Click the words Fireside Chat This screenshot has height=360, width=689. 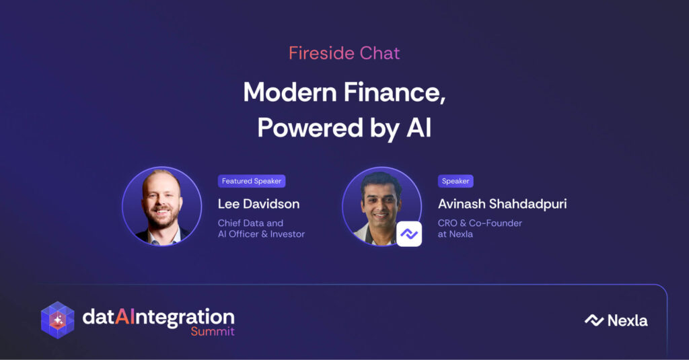point(344,53)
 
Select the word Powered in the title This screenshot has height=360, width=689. point(310,127)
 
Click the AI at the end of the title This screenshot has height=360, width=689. point(419,127)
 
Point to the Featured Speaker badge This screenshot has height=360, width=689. point(252,181)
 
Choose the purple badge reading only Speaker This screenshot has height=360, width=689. point(456,181)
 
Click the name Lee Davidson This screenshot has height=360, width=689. point(259,204)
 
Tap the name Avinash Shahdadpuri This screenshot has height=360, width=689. point(502,204)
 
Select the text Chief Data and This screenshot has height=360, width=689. point(250,223)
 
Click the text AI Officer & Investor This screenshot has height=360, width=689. point(262,234)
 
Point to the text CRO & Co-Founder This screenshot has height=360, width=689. point(480,223)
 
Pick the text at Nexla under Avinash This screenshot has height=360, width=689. point(456,234)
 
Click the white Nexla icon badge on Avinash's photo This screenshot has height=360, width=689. point(409,234)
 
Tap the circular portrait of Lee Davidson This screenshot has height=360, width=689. point(161,206)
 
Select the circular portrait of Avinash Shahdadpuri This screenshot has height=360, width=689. point(382,206)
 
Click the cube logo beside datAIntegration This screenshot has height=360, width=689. point(58,320)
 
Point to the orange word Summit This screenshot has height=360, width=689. point(213,331)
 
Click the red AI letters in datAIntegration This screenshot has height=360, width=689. point(124,316)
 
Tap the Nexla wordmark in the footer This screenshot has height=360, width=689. point(628,320)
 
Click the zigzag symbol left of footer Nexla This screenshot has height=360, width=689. point(594,320)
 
